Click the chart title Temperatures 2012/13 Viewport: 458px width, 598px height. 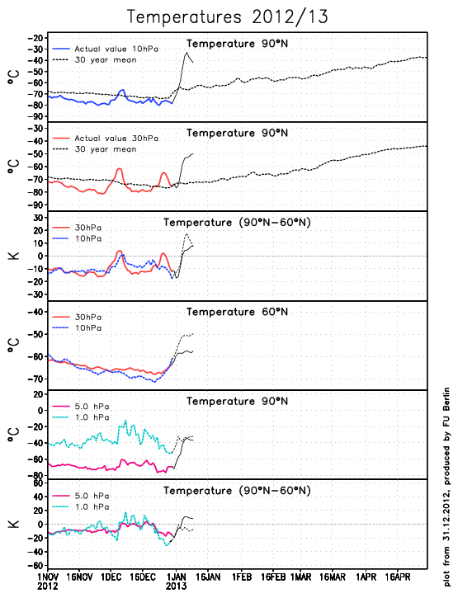(228, 17)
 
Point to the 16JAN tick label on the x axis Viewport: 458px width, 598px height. (208, 577)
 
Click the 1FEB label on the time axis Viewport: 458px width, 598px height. (242, 577)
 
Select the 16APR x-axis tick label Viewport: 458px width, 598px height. (397, 577)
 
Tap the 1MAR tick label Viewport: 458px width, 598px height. (300, 577)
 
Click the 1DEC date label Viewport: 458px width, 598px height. (111, 577)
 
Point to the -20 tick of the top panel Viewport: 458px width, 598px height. (35, 38)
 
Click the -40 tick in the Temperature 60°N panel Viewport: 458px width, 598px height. (35, 312)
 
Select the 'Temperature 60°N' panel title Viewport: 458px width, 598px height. (237, 312)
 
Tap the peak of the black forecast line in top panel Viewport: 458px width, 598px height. (187, 52)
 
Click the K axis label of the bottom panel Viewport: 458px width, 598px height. (14, 524)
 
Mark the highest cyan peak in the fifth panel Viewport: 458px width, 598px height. (125, 421)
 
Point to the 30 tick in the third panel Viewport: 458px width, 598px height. (38, 218)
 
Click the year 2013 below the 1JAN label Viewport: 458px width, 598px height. (176, 586)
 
